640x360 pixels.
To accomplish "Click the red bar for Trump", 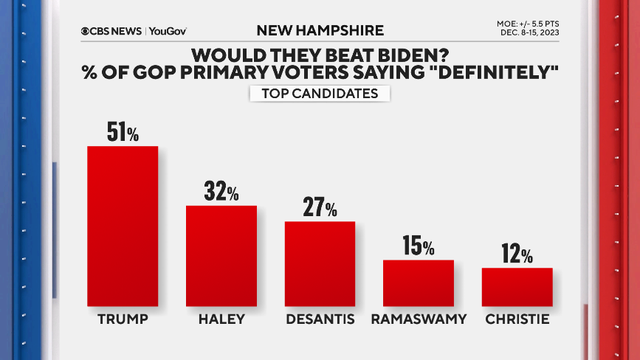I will [x=122, y=226].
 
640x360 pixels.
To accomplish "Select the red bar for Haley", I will [x=221, y=255].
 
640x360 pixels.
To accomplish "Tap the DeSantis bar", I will [x=320, y=263].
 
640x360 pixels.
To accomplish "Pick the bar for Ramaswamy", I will [x=418, y=283].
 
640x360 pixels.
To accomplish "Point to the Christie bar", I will [x=517, y=287].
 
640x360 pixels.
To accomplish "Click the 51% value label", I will [x=123, y=131].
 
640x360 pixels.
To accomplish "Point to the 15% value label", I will [x=419, y=245].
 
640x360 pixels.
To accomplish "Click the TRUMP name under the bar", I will [x=122, y=322].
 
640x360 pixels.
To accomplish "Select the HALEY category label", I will [x=221, y=322].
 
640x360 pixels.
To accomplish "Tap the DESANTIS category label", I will [x=320, y=322].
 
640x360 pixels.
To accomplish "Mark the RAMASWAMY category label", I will [x=418, y=322].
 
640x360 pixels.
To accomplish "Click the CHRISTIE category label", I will [x=517, y=322].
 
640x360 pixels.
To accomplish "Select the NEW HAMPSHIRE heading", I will [x=320, y=31].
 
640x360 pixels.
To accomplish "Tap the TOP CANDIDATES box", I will [x=320, y=94].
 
